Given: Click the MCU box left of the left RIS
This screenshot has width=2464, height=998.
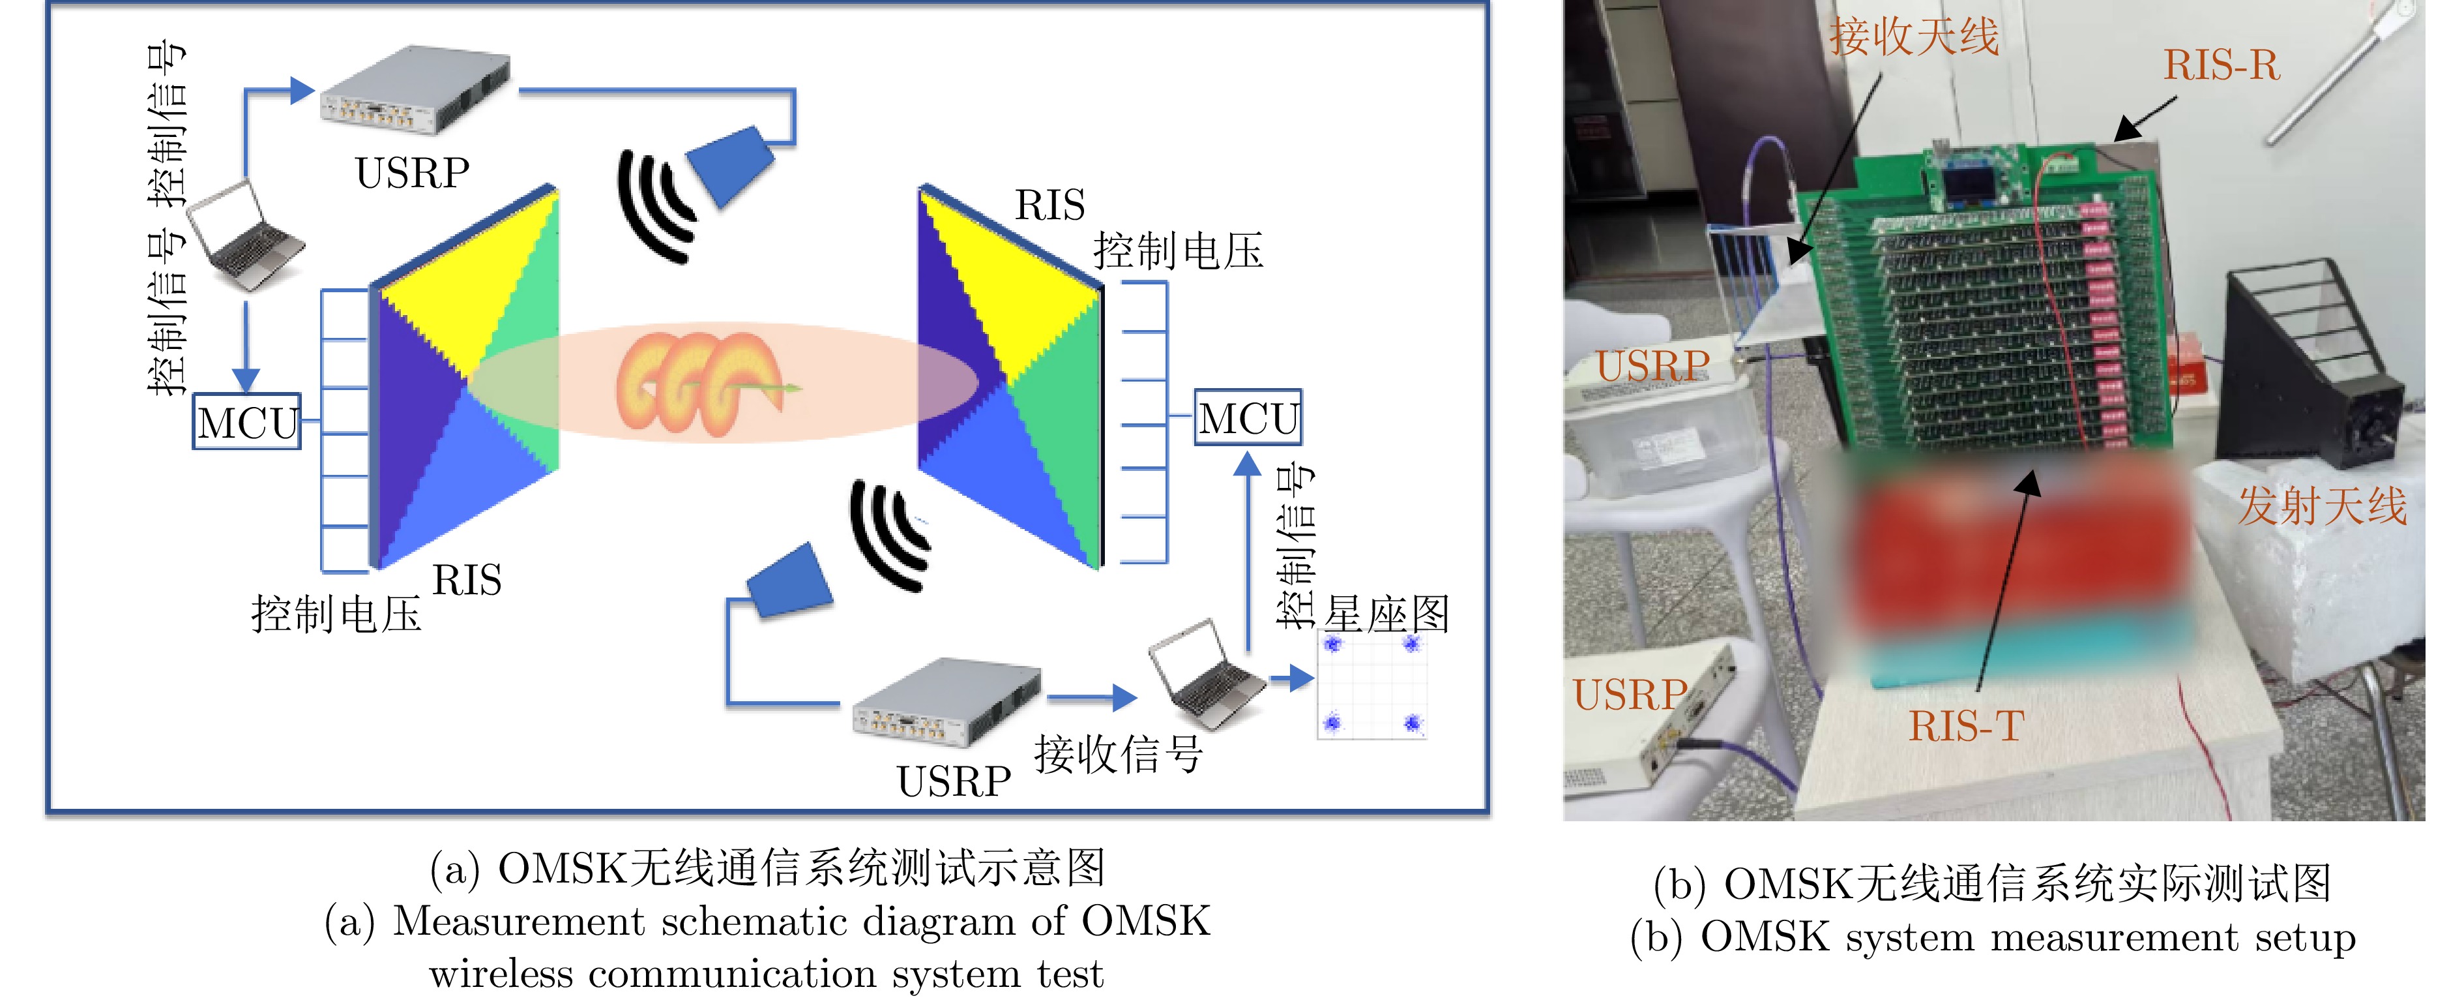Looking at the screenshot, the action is coord(247,421).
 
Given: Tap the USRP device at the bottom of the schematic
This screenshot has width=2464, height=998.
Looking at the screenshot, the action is coord(946,701).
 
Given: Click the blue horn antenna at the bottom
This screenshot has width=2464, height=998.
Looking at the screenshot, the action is coord(789,581).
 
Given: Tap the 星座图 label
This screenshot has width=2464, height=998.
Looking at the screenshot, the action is coord(1386,613).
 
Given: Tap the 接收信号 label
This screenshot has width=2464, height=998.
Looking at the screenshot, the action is coord(1118,754).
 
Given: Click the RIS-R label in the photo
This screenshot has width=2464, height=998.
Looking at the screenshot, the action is coord(2221,66).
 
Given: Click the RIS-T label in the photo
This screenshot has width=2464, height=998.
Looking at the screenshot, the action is coord(1965,726).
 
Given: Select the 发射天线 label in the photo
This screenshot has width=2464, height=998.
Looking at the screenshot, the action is coord(2321,506).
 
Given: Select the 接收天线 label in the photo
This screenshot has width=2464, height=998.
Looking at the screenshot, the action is coord(1914,37).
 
